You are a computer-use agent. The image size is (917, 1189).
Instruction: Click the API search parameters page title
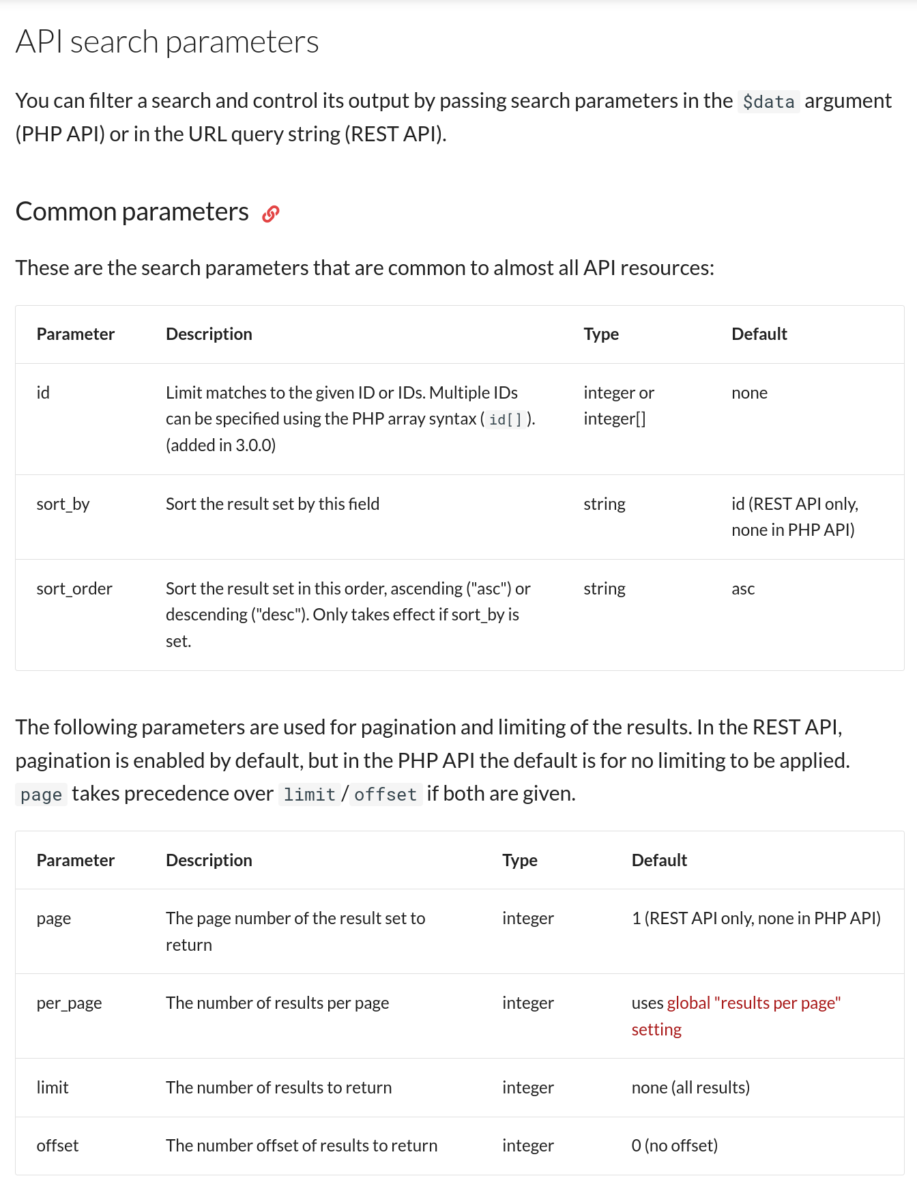[167, 42]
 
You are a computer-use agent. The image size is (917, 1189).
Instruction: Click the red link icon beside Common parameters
[270, 214]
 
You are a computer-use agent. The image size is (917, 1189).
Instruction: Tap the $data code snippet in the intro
[768, 102]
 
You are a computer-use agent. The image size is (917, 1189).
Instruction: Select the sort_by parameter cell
[63, 504]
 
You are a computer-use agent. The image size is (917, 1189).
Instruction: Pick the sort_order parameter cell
[74, 589]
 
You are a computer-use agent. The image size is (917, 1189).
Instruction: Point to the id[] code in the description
[505, 420]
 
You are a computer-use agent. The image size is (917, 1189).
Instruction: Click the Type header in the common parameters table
[600, 334]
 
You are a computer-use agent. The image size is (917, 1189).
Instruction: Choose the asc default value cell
[743, 589]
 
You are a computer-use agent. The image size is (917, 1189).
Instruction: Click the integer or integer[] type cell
[618, 405]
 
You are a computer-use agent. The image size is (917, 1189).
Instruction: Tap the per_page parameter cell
[69, 1003]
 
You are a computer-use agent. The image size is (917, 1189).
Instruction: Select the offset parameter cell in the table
[57, 1146]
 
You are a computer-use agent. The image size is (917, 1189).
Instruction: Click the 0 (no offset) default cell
[674, 1146]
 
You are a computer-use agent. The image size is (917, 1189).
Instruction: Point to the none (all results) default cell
[690, 1088]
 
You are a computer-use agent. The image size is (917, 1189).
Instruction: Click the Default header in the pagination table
[658, 861]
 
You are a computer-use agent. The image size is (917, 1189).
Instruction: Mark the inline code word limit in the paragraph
[309, 794]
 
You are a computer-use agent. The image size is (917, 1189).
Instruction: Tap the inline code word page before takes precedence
[41, 794]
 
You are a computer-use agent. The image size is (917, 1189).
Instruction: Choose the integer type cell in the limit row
[527, 1088]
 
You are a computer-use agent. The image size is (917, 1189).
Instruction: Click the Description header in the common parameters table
[209, 334]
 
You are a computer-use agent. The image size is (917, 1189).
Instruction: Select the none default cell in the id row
[749, 393]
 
